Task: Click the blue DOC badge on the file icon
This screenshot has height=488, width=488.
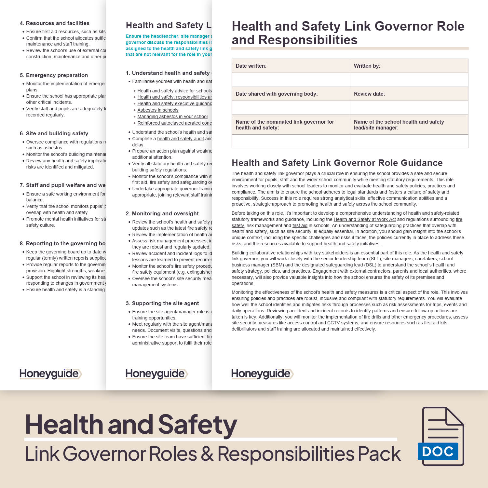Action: [438, 451]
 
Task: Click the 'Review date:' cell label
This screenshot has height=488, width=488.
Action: [369, 94]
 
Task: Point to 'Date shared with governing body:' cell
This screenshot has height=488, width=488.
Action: [277, 94]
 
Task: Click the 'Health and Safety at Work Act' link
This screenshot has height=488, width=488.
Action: [365, 220]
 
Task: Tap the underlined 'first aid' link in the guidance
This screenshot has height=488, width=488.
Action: [300, 225]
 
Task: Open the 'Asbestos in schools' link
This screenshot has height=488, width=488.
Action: [158, 110]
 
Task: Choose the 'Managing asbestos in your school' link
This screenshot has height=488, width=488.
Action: [172, 116]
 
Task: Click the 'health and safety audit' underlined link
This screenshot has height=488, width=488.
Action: [181, 139]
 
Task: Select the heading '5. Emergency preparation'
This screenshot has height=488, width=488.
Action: [54, 75]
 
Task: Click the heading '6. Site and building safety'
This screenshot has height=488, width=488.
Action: [54, 134]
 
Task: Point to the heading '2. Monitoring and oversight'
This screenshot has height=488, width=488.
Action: [162, 214]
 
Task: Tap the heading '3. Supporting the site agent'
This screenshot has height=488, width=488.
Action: [162, 304]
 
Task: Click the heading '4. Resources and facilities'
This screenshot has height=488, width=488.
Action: [54, 23]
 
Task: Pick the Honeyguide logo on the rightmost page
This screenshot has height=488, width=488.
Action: [262, 374]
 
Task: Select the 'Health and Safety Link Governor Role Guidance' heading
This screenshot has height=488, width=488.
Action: [337, 163]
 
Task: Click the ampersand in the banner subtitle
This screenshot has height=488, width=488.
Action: [207, 454]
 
